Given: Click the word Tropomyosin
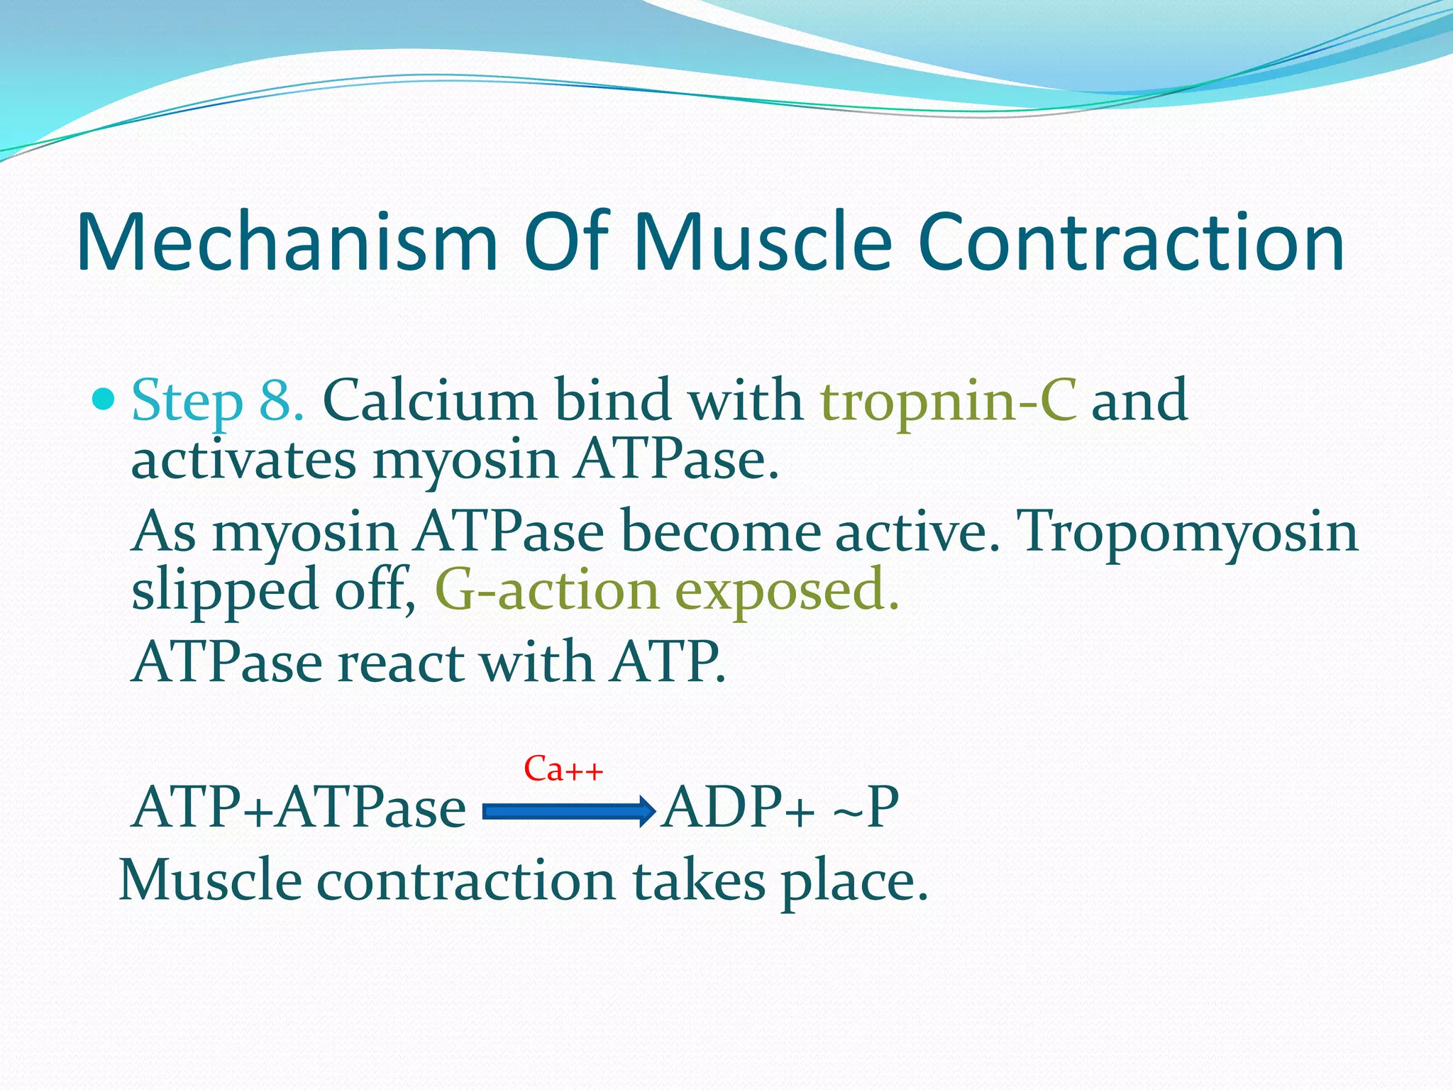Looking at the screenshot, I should (x=1187, y=532).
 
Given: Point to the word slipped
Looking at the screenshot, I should (x=224, y=592).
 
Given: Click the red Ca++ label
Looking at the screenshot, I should (x=563, y=769).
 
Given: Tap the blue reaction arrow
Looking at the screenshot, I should (x=568, y=811).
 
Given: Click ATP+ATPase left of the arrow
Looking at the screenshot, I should (x=299, y=808).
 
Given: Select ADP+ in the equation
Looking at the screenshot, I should (x=738, y=808).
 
